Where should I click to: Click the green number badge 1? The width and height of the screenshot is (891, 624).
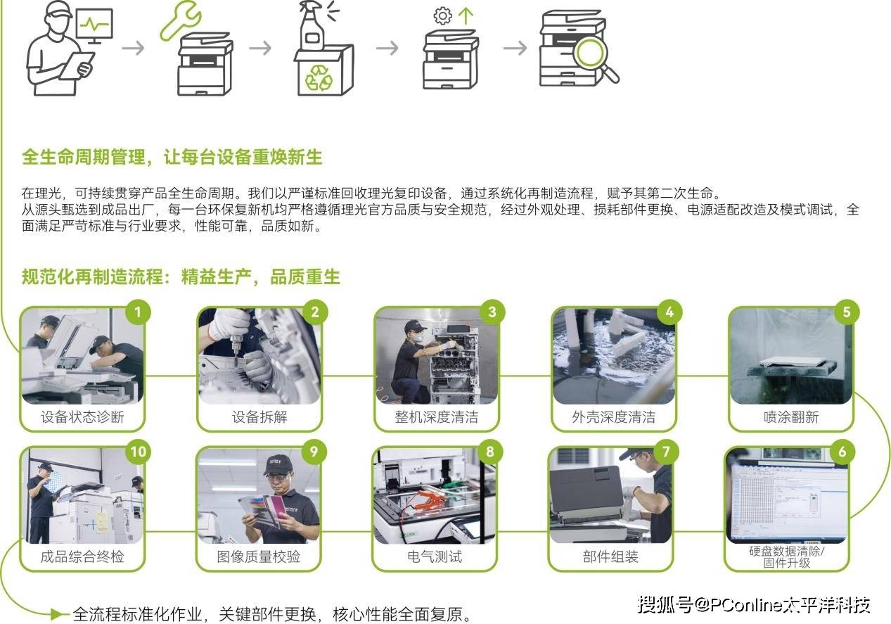138,312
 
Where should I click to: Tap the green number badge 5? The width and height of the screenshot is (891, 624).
847,312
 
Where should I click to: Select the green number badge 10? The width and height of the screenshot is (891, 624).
138,452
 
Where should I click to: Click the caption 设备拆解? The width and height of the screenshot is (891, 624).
259,417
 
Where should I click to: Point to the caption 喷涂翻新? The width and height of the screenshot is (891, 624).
791,417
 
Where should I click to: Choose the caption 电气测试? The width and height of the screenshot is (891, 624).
435,556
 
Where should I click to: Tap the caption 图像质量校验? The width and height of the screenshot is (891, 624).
259,556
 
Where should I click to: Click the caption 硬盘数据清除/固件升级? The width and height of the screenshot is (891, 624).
787,557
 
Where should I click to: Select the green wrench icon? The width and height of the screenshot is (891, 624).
180,20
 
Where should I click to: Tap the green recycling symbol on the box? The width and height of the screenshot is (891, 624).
319,78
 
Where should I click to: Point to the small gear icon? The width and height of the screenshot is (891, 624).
443,16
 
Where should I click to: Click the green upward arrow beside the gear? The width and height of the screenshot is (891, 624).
466,16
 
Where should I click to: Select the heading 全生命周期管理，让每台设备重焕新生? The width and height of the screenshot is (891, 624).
172,157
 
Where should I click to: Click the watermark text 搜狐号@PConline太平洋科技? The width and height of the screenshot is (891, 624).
754,605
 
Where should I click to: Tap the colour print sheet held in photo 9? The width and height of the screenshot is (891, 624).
262,511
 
